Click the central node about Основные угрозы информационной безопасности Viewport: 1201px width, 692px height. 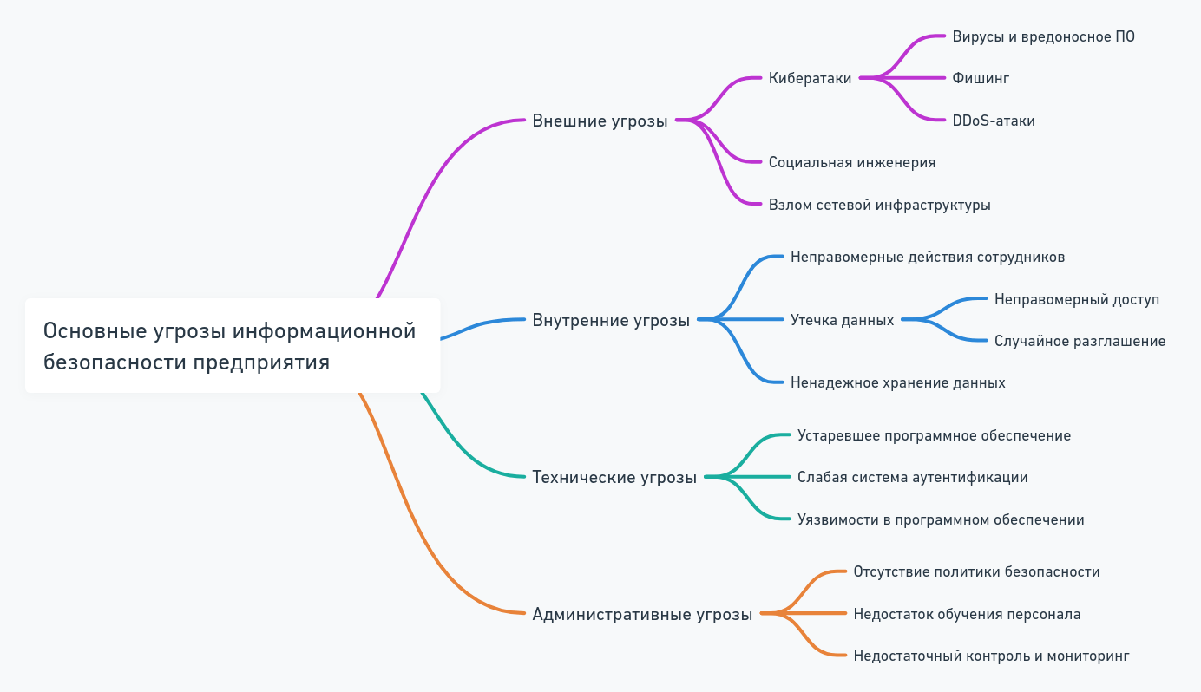232,346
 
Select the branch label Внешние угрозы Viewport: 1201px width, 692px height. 600,121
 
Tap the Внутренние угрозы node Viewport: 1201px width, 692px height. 611,320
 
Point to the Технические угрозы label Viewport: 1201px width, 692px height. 614,477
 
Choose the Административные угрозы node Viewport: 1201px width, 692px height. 642,615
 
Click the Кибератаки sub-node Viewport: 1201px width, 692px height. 810,78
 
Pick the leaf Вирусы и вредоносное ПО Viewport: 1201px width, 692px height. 1043,36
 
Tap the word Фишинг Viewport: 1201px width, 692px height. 981,78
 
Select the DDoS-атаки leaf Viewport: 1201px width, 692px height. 994,121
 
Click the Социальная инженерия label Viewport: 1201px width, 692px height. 851,162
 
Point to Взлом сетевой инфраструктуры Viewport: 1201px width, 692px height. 879,206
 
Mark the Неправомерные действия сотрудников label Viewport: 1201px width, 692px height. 927,258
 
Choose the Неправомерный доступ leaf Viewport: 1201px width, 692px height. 1077,299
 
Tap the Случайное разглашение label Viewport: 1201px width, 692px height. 1080,341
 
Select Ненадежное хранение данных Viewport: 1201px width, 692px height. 897,382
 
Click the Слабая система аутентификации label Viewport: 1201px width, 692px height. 912,477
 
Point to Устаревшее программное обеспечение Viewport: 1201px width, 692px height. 934,435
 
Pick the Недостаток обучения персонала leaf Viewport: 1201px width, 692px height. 967,615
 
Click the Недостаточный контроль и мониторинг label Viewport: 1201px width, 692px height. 991,656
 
